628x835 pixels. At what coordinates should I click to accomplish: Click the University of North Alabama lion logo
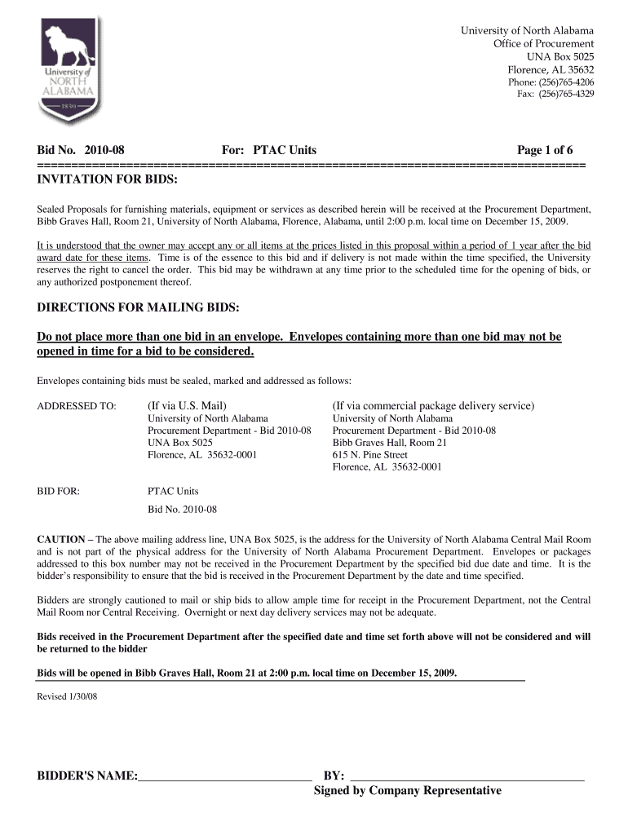70,69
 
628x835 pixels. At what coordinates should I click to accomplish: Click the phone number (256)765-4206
551,82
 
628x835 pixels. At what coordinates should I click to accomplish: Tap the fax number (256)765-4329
555,95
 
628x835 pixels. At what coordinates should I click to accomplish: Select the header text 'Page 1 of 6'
545,150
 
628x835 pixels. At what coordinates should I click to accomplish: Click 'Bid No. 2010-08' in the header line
81,150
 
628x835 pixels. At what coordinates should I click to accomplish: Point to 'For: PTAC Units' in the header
269,150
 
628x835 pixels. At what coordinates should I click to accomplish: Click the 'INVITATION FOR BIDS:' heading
107,179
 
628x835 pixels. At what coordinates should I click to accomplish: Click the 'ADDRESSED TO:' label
77,406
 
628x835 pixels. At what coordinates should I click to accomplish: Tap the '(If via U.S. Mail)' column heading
187,405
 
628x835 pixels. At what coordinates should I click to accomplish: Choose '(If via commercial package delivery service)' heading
433,405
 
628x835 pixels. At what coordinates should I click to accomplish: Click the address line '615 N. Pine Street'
369,455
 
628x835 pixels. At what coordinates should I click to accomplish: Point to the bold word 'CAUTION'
61,540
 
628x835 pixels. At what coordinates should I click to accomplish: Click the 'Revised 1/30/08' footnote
67,697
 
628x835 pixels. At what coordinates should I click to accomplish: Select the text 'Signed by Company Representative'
408,791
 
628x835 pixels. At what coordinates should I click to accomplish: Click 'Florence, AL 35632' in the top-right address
551,69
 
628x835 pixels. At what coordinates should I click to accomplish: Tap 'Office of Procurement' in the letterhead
543,43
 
